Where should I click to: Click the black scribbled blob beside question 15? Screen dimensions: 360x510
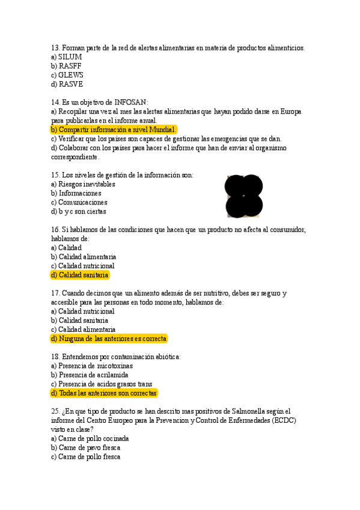pos(243,196)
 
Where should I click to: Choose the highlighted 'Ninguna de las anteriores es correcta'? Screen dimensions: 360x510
pos(109,339)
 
